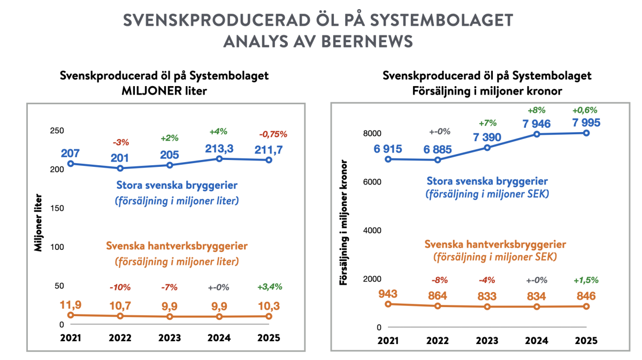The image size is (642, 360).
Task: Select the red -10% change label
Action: pyautogui.click(x=120, y=287)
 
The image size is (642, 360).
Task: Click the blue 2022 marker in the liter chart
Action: pyautogui.click(x=120, y=168)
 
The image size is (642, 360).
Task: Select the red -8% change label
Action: pyautogui.click(x=438, y=280)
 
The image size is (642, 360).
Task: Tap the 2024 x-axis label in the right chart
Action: pyautogui.click(x=536, y=341)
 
